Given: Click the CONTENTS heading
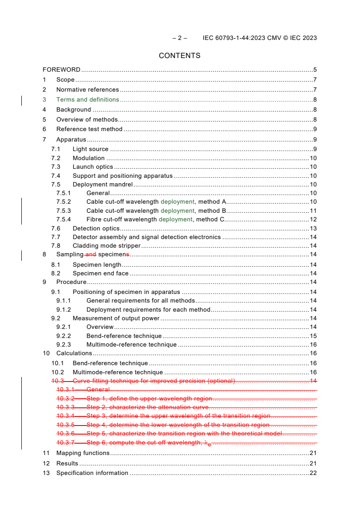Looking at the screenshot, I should point(179,56).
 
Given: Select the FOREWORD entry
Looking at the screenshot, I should point(61,70).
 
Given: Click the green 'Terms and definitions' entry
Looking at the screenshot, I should point(88,100).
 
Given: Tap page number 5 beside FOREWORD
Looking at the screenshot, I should point(315,70).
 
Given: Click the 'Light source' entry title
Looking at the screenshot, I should point(90,149).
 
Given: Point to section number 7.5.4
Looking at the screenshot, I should point(64,220).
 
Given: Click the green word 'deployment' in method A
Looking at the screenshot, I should point(178,202).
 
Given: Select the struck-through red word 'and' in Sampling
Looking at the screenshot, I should point(91,255).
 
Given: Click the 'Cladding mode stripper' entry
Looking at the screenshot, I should point(107,246).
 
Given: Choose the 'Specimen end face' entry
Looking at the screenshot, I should point(100,274).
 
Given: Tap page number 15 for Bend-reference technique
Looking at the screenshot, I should point(313,336).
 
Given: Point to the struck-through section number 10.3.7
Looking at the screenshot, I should point(65,442).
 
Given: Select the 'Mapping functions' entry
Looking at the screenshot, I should point(83,453).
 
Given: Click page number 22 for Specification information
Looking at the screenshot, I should point(313,473).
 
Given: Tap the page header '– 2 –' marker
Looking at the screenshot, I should point(180,38).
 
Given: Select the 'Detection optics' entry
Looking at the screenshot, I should point(96,229).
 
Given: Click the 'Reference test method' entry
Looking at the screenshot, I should point(89,129).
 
